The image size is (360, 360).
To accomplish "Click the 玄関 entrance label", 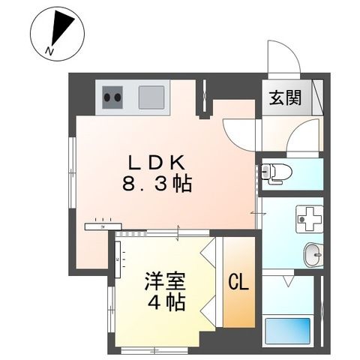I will pos(286,98).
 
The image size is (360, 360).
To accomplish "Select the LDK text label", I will pos(156,161).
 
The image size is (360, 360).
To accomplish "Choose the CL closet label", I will pos(238,283).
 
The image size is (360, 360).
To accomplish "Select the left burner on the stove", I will pos(108,95).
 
